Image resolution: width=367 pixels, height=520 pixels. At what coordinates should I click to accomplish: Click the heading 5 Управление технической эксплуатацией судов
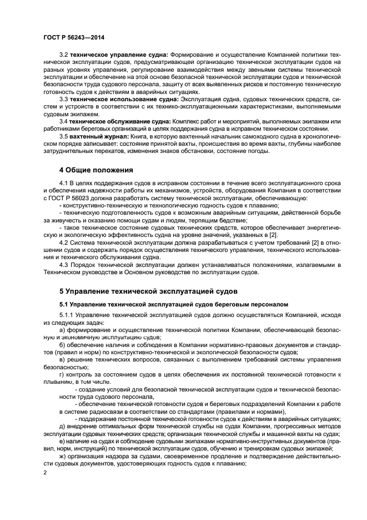point(148,290)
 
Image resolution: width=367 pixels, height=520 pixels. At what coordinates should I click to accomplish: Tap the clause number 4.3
point(63,264)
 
